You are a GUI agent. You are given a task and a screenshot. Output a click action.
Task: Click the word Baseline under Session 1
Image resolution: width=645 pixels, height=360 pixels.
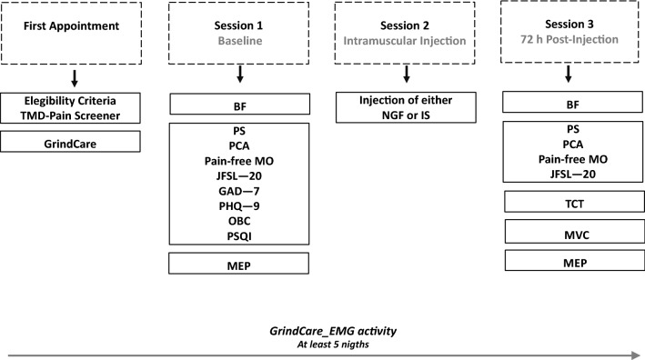click(x=239, y=42)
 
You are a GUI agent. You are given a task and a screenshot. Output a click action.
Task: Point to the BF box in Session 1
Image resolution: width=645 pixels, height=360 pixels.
click(x=239, y=106)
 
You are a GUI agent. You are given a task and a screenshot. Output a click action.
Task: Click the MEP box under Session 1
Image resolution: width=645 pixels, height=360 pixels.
click(x=239, y=264)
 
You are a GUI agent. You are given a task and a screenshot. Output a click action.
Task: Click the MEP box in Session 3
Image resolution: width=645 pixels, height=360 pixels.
click(x=569, y=261)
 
